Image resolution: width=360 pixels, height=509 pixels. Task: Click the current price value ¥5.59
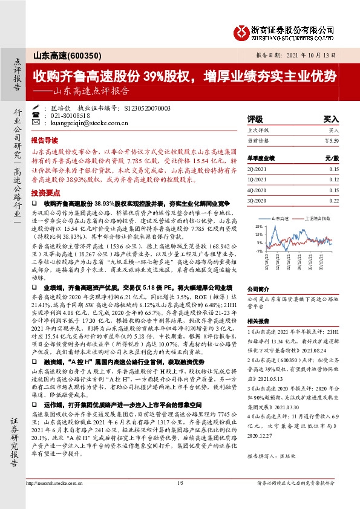click(x=332, y=140)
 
